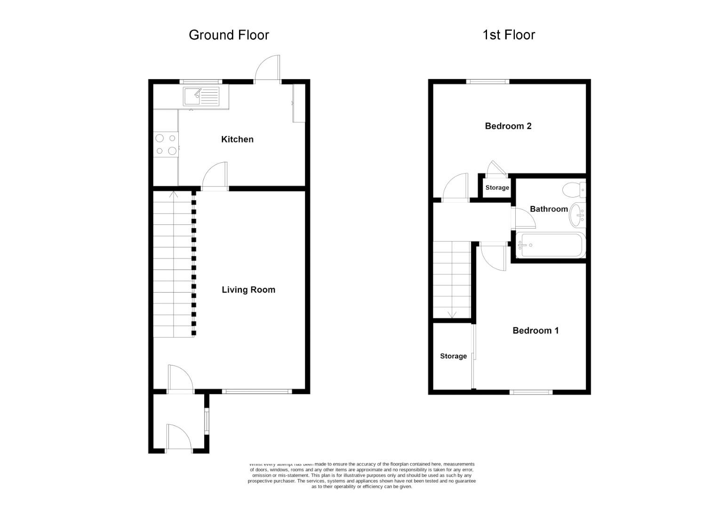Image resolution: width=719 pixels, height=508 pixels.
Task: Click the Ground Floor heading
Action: (229, 35)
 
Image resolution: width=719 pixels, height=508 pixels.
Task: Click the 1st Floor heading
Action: (509, 35)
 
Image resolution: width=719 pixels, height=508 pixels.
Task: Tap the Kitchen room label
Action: (237, 139)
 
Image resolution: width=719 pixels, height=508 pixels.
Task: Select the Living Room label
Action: (248, 290)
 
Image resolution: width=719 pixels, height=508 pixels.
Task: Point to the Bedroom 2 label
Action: (508, 126)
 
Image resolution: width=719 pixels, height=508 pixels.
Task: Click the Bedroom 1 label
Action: (535, 331)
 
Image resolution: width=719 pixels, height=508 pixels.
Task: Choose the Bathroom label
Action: (549, 209)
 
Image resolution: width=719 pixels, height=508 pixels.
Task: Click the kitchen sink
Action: (201, 97)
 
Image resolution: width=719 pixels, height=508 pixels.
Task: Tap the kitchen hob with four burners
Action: (166, 144)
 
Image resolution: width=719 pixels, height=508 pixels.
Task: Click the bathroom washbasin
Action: (577, 215)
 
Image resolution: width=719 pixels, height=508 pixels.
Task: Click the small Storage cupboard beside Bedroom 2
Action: (497, 188)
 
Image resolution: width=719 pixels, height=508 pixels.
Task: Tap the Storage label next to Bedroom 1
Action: (453, 356)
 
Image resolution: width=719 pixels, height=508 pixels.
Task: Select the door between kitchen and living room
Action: (216, 176)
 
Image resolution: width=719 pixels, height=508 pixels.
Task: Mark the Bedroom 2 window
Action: (488, 81)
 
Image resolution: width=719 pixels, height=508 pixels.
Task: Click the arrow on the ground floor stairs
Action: (173, 194)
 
